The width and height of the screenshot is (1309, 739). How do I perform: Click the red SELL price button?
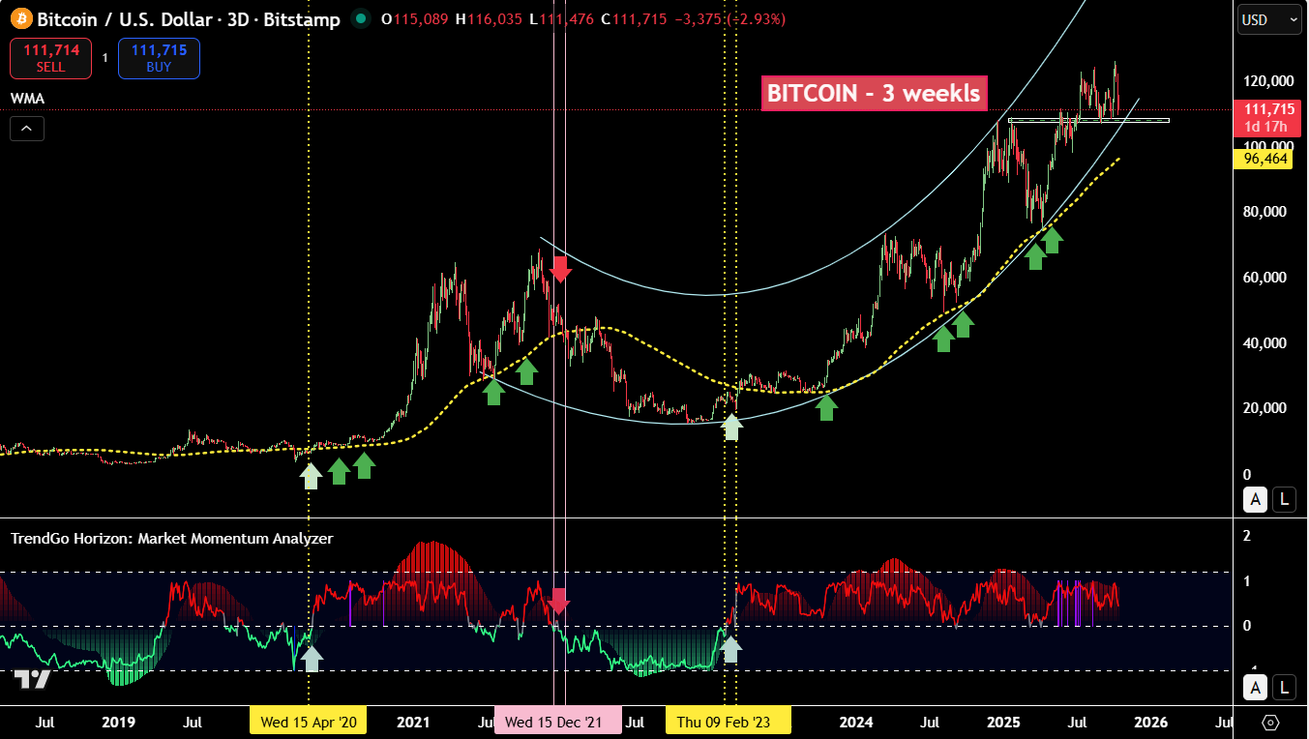tap(50, 58)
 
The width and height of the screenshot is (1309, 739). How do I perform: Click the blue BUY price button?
tap(159, 58)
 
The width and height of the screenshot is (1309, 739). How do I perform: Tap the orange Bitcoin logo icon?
tap(21, 18)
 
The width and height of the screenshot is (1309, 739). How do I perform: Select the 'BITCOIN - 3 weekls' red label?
tap(874, 93)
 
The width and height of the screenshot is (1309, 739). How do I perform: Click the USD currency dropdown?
tap(1268, 19)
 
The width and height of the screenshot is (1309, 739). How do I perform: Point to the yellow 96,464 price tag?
tap(1264, 159)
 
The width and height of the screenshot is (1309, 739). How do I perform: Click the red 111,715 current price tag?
tap(1264, 117)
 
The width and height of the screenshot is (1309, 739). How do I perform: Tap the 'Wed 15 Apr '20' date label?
tap(308, 722)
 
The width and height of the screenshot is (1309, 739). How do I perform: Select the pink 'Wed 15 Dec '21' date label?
tap(558, 722)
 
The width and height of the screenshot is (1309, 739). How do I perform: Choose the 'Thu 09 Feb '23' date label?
tap(728, 722)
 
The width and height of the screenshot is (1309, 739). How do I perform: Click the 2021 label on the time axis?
tap(413, 722)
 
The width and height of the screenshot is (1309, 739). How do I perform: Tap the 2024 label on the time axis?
tap(856, 722)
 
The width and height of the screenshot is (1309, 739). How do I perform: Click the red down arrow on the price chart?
tap(560, 268)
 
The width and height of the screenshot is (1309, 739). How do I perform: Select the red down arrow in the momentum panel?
tap(558, 601)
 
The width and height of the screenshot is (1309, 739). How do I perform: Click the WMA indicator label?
tap(27, 99)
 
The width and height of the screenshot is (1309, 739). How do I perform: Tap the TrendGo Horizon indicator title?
tap(171, 539)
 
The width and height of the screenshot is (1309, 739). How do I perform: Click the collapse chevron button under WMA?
tap(27, 128)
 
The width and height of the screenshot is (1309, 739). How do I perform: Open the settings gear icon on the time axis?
tap(1270, 723)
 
